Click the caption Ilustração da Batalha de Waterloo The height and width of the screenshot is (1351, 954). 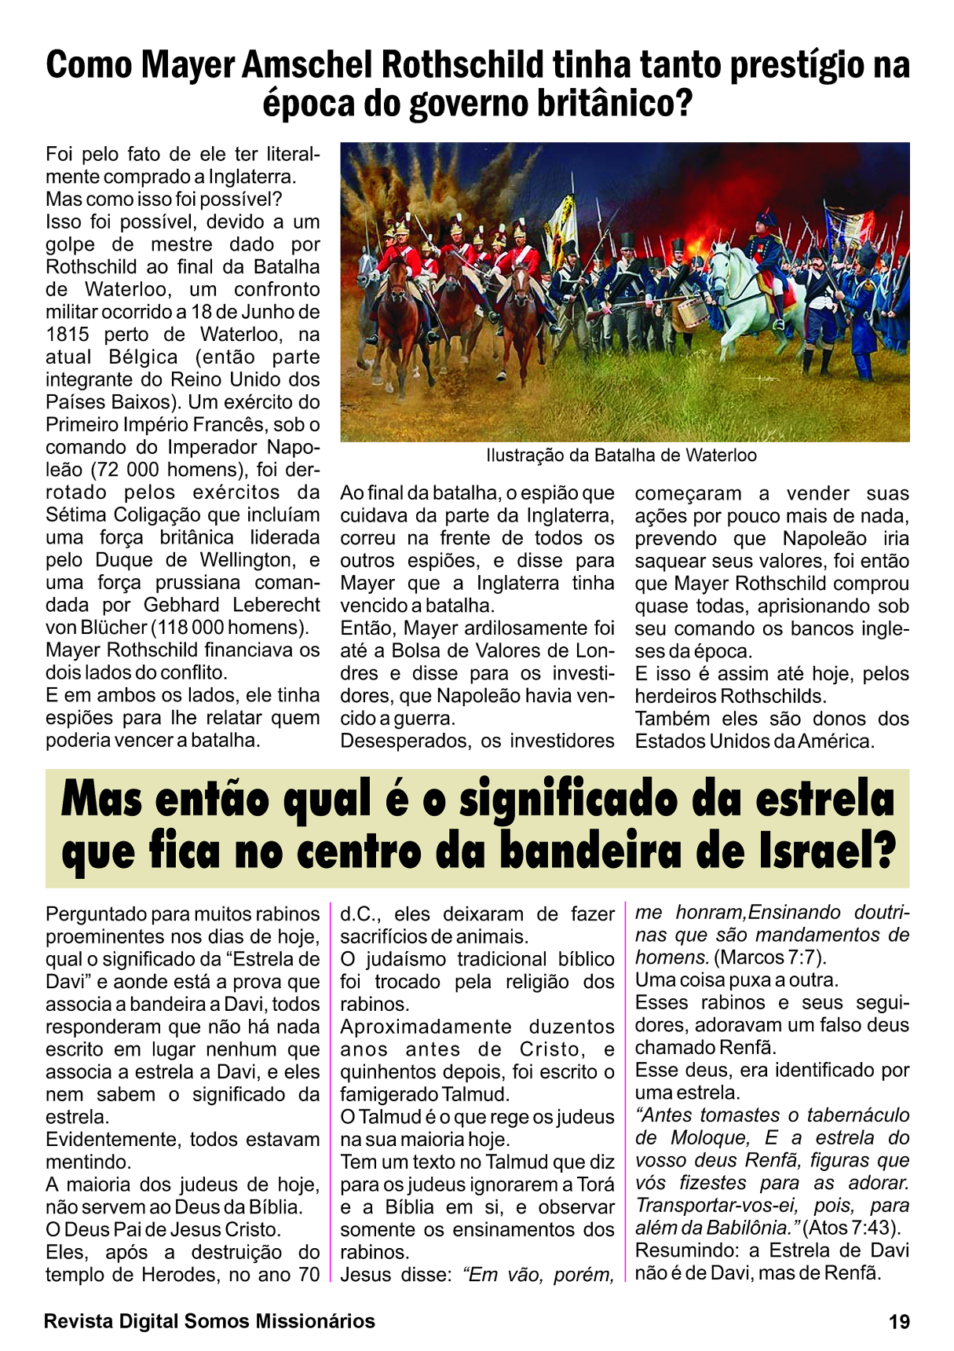click(x=621, y=456)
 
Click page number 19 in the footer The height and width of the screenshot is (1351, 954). click(x=900, y=1322)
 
